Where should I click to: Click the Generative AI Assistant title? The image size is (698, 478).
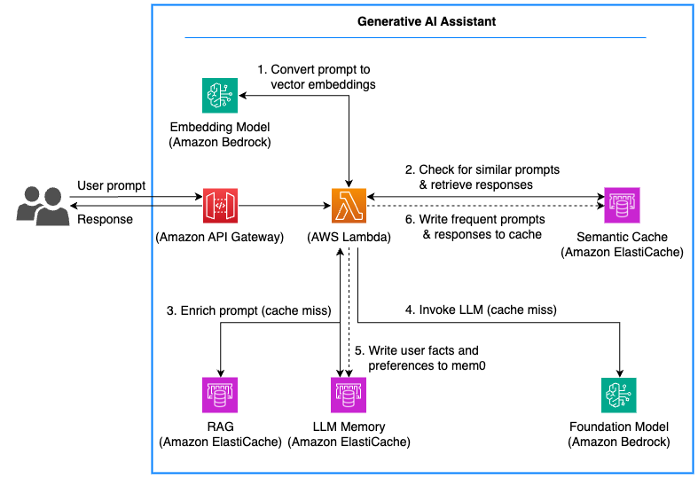click(x=414, y=20)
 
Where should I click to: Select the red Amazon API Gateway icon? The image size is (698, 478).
click(x=220, y=206)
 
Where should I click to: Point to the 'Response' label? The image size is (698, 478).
click(x=105, y=219)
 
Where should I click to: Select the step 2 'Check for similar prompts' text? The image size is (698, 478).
click(x=482, y=169)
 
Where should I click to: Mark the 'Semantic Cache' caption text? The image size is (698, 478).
click(x=621, y=238)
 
